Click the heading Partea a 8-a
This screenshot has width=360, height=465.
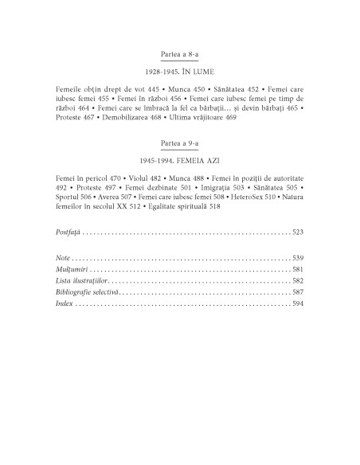tap(179, 53)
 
